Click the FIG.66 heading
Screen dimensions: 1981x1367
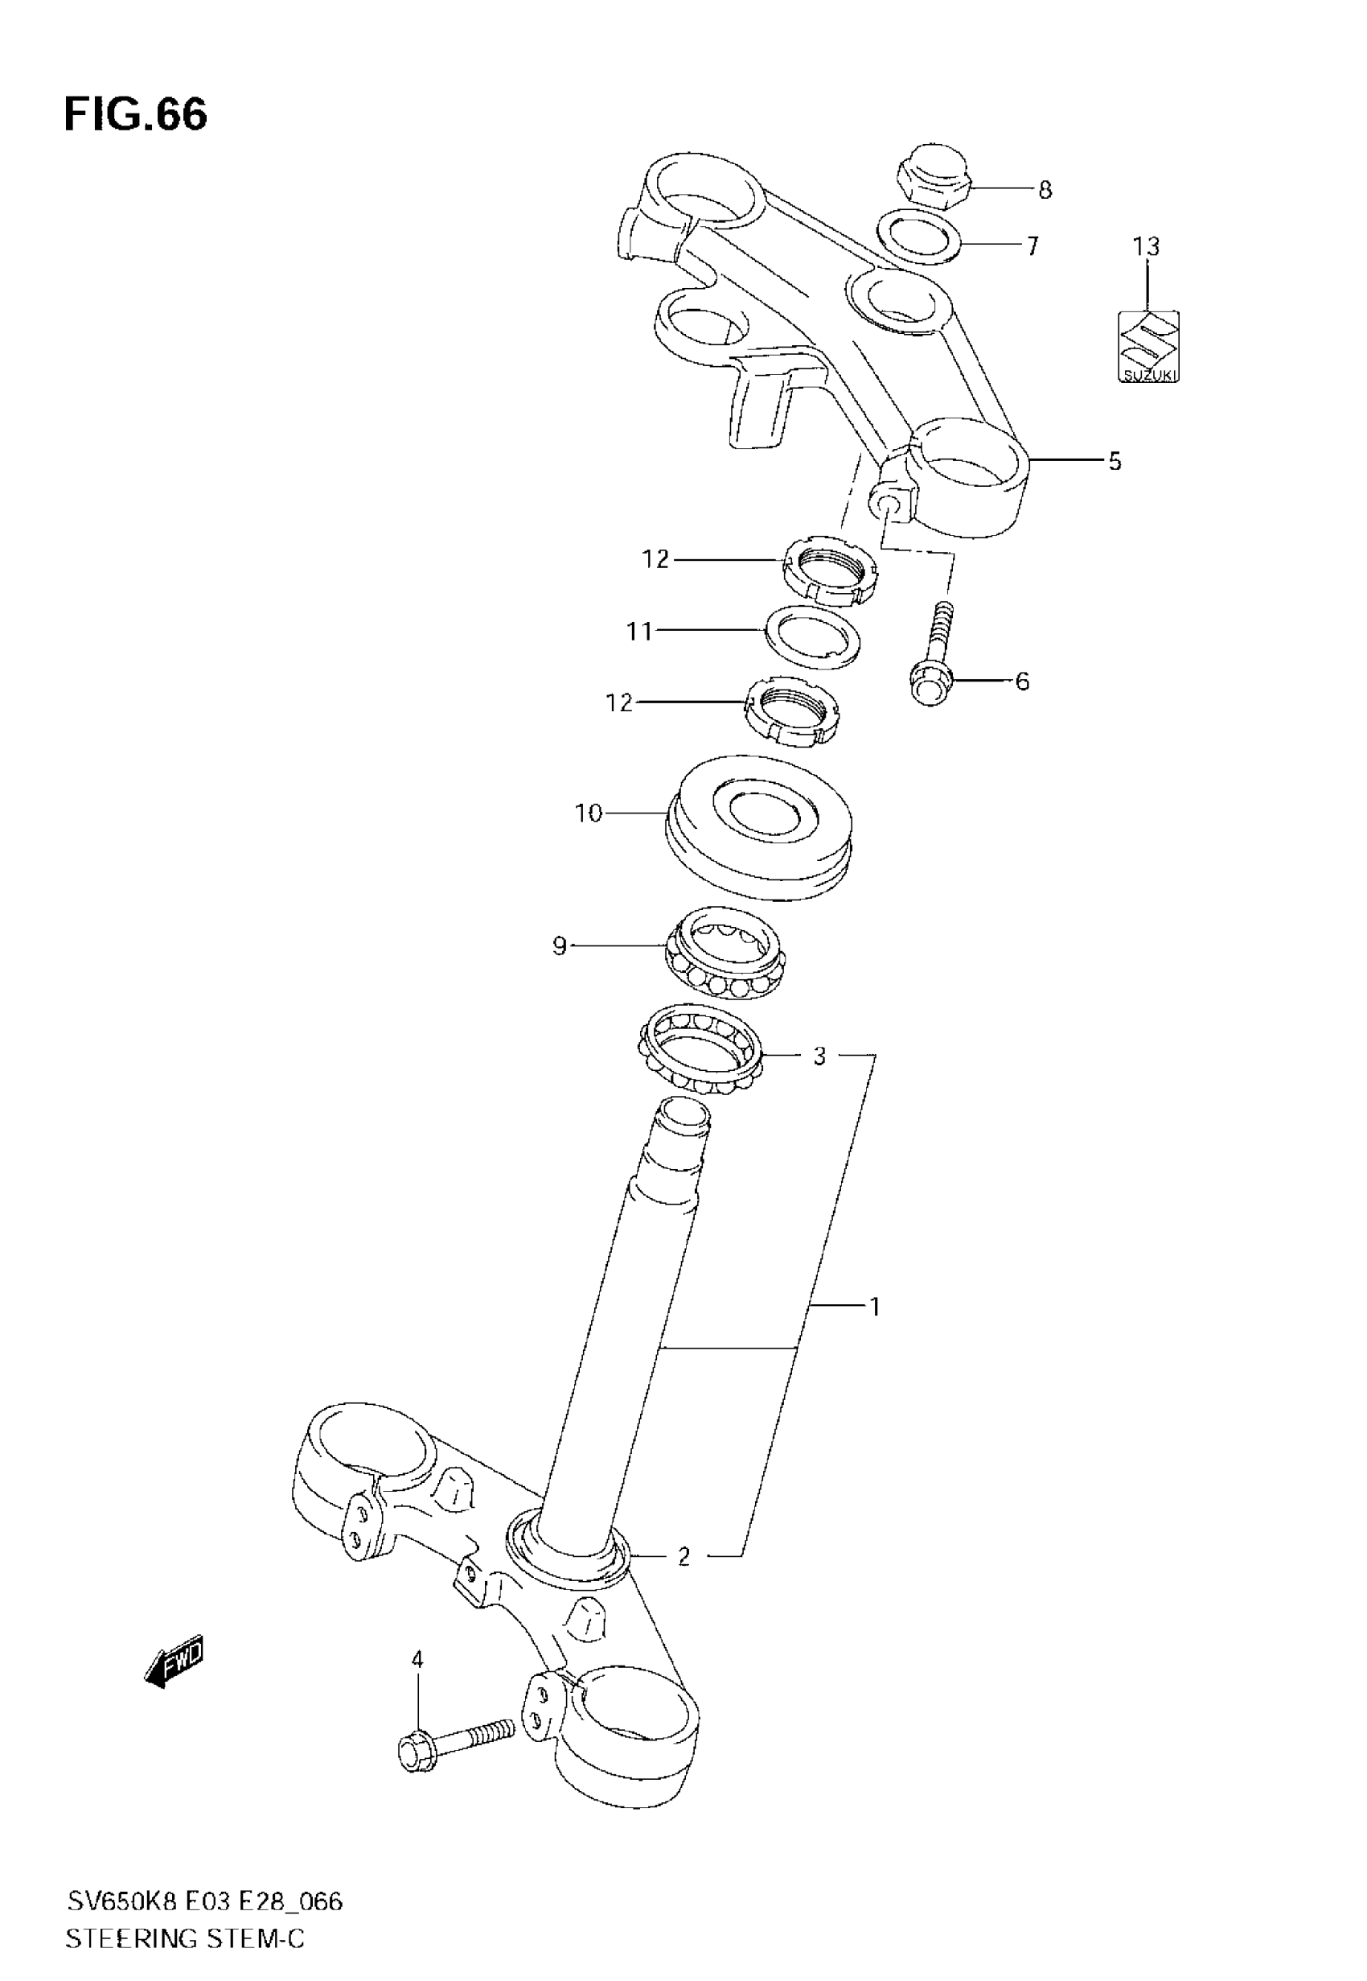[135, 114]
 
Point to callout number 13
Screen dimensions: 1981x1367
[1146, 247]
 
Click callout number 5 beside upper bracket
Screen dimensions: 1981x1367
[1114, 461]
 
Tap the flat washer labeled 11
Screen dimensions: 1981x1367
[813, 639]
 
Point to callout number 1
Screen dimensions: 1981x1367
[875, 1307]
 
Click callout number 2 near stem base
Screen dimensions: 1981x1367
[683, 1557]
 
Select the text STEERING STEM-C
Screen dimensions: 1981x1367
[185, 1938]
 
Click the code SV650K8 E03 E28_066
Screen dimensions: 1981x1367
[206, 1902]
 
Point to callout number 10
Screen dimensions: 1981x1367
[589, 813]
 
